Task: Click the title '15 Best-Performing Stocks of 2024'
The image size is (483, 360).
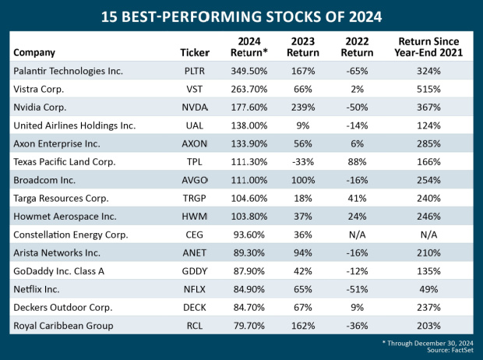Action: [x=241, y=16]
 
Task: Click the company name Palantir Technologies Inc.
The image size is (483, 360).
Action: [x=68, y=71]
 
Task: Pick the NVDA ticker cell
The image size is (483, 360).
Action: [x=194, y=107]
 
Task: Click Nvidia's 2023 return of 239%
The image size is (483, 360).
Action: [x=302, y=107]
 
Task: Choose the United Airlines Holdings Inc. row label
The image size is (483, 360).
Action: [x=74, y=125]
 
